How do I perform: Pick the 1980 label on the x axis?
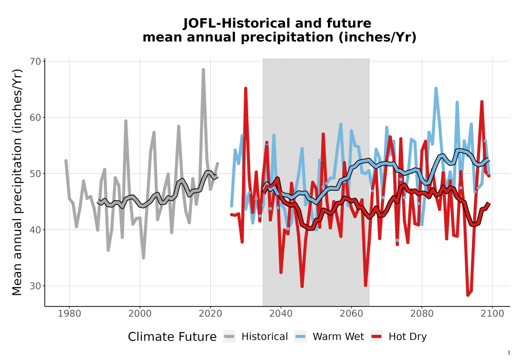(x=69, y=314)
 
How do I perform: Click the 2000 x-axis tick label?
(x=140, y=314)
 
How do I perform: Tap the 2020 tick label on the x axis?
(x=210, y=314)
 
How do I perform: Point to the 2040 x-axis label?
(x=281, y=314)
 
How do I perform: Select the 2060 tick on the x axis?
(x=352, y=314)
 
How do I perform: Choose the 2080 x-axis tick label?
(x=422, y=314)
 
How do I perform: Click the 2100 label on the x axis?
(x=492, y=314)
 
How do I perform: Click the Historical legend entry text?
(x=265, y=337)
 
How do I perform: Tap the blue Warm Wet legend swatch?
(x=300, y=337)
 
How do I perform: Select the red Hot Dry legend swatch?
(x=377, y=337)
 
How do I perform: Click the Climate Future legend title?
(x=172, y=337)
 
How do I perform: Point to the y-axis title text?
(x=17, y=182)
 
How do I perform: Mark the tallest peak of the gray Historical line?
(x=203, y=70)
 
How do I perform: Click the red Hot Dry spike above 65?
(x=246, y=88)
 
